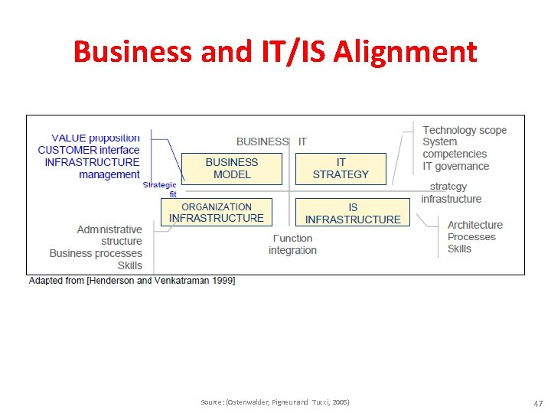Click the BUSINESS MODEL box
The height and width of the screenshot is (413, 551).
click(232, 168)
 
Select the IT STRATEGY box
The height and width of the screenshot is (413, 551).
click(341, 168)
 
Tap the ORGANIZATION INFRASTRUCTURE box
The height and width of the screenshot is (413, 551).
click(217, 213)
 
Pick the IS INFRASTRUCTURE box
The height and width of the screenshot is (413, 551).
click(353, 213)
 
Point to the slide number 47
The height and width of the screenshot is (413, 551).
click(536, 402)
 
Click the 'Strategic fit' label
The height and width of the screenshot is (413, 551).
click(160, 189)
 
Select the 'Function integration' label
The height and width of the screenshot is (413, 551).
click(292, 244)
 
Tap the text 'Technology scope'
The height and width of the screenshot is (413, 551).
click(465, 130)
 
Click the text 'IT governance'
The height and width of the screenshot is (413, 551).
click(455, 166)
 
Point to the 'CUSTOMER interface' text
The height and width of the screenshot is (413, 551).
click(89, 150)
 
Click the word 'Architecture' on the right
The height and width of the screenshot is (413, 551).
click(474, 225)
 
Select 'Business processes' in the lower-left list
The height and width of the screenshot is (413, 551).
click(96, 253)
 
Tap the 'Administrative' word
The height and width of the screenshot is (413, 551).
click(109, 229)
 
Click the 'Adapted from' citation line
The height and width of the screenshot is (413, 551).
click(132, 281)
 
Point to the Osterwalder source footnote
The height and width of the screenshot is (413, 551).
click(275, 402)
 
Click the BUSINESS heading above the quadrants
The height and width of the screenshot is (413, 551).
click(262, 141)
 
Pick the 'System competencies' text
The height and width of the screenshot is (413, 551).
click(455, 148)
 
